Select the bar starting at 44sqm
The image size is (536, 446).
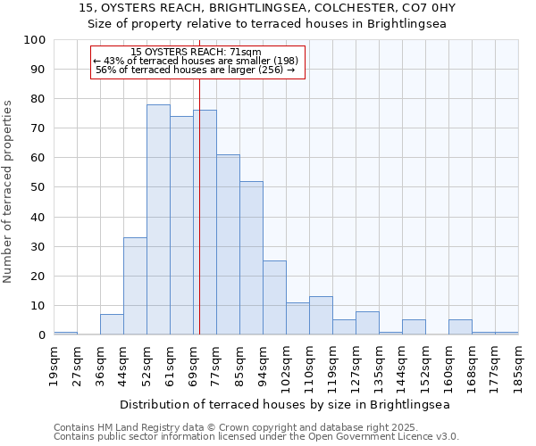click(x=135, y=285)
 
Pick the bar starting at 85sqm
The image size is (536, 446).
click(x=251, y=258)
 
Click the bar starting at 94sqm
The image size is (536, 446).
click(x=274, y=298)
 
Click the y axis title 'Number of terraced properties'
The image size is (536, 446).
click(x=8, y=192)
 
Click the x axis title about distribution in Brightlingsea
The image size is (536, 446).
click(x=285, y=404)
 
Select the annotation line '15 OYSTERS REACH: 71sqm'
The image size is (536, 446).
click(x=196, y=53)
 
